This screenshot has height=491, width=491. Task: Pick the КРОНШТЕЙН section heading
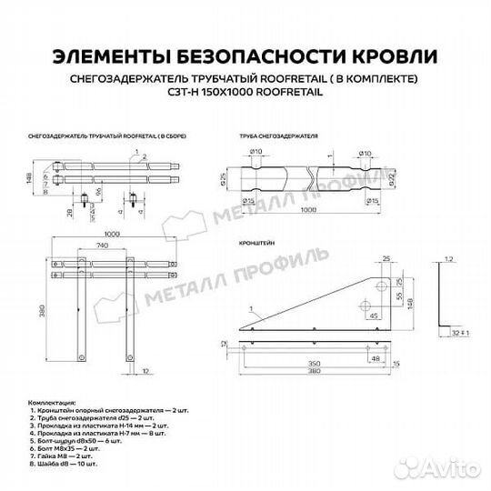pos(258,245)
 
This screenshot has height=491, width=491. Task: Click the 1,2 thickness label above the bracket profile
pos(447,261)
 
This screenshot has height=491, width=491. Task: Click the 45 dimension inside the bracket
pos(373,316)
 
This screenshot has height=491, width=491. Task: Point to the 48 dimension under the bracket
pos(375,359)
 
